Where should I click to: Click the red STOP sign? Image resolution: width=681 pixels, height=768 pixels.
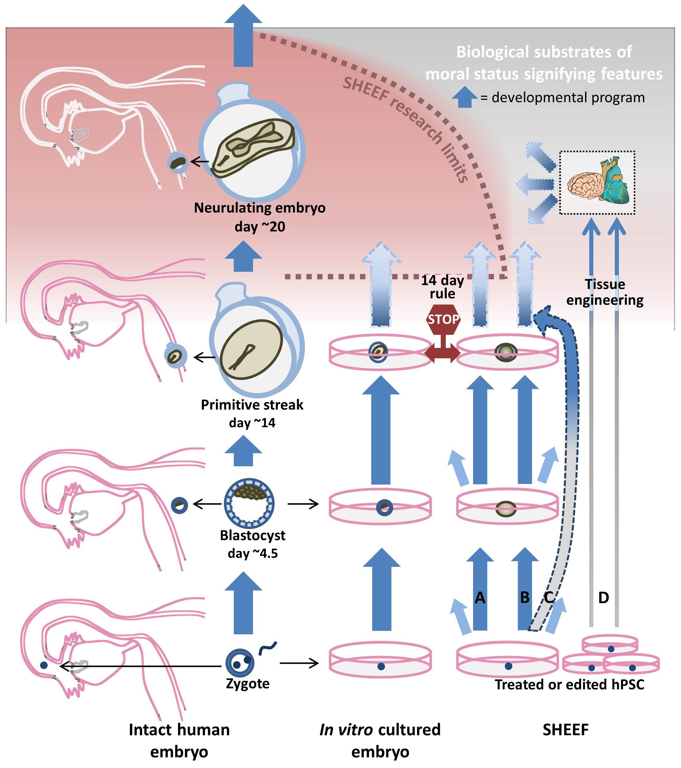coord(443,319)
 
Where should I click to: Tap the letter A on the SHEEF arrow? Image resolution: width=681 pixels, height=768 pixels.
coord(480,598)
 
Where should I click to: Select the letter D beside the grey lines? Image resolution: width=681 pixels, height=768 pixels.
coord(603,598)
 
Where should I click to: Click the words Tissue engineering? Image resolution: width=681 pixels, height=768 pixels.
coord(605,292)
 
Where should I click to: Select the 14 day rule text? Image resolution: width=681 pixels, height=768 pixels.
coord(442,287)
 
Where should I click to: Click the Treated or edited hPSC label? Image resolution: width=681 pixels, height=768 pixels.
coord(569,684)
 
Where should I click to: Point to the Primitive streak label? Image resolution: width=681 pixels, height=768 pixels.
coord(252,405)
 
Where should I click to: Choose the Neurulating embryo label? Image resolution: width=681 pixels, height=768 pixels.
coord(260,208)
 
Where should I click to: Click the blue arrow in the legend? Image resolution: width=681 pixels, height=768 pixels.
coord(465,97)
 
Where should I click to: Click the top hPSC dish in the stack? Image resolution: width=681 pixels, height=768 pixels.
coord(610,644)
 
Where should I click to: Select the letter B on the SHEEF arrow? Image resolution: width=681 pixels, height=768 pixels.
coord(525,598)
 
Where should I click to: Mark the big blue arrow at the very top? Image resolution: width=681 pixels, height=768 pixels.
coord(243,36)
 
